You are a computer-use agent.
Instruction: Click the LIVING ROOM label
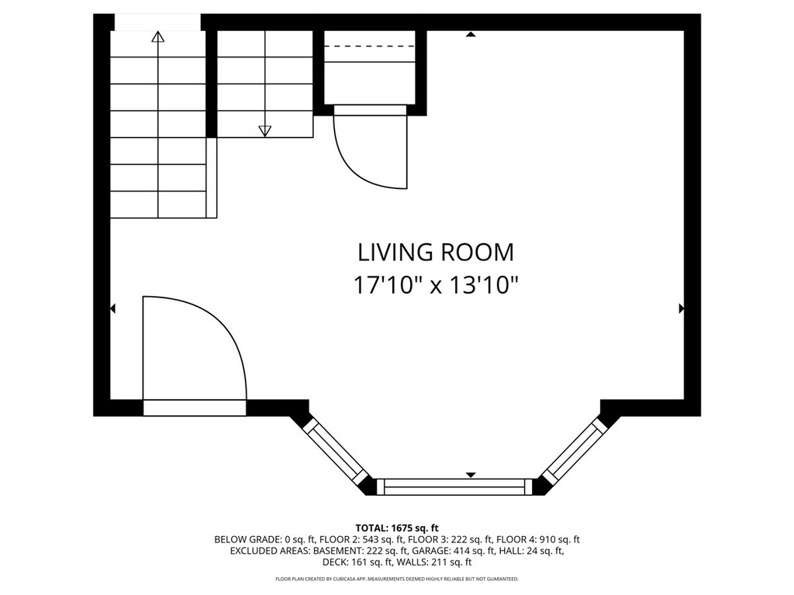coord(436,253)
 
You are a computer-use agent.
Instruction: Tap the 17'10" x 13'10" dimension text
coord(436,285)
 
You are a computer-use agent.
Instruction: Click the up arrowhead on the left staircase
coord(158,36)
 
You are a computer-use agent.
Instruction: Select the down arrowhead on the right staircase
coord(265,131)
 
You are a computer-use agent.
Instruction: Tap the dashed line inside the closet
coord(369,46)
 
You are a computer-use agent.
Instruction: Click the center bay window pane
coord(453,487)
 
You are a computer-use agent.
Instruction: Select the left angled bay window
coord(335,452)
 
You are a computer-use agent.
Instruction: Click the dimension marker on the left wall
coord(113,308)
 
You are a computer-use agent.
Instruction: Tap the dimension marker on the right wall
coord(682,308)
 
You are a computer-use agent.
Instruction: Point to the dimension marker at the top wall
coord(471,34)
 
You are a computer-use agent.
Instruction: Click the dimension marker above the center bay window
coord(471,475)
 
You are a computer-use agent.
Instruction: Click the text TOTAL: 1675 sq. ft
coord(397,528)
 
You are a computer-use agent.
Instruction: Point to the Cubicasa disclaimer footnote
coord(397,579)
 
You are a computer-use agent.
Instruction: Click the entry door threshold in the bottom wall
coord(195,408)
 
